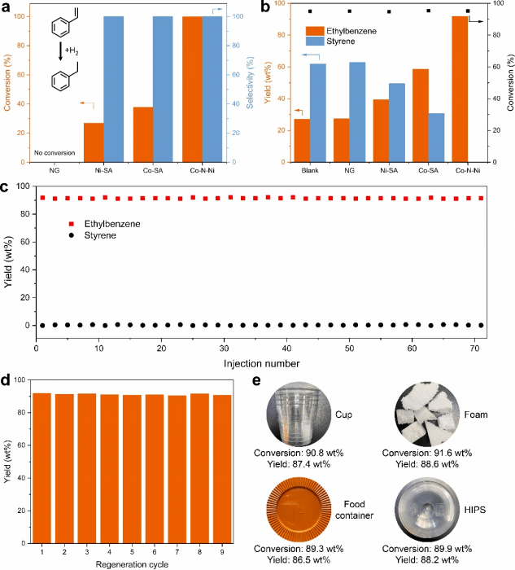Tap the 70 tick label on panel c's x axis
point(474,348)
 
